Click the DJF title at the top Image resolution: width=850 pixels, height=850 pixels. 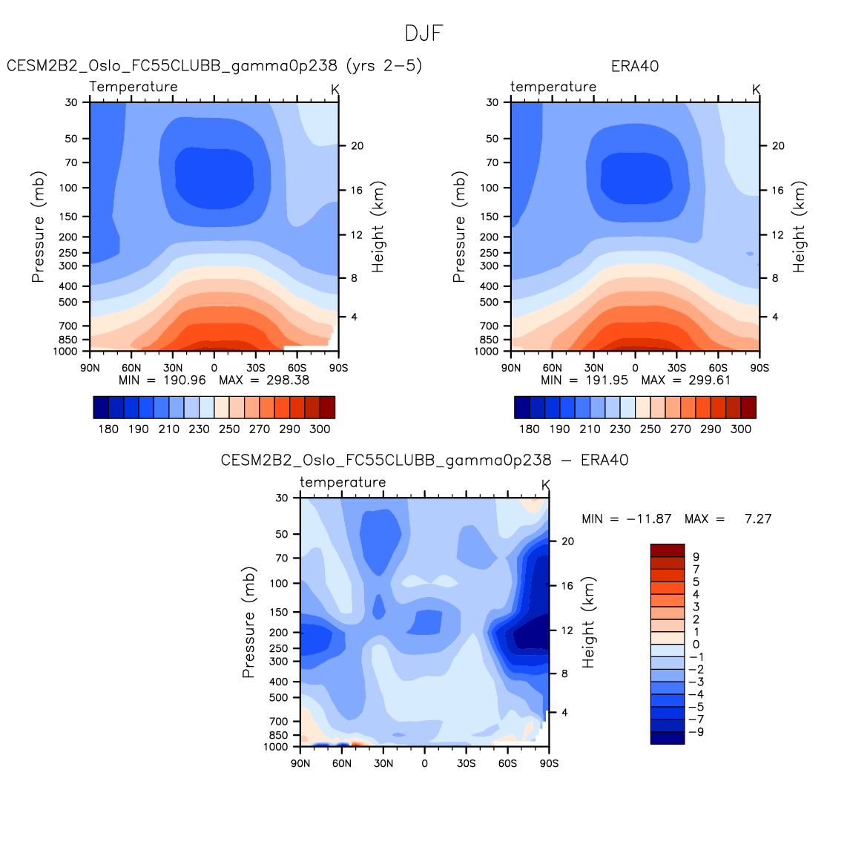tap(424, 33)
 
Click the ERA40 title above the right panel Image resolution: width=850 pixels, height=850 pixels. tap(635, 66)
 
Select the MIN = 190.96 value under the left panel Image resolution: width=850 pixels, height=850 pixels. tap(162, 380)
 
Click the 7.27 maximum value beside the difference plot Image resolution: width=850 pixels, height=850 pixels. tap(758, 518)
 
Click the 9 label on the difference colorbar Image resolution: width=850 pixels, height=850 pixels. tap(696, 556)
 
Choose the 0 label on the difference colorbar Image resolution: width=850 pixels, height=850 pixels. tap(696, 645)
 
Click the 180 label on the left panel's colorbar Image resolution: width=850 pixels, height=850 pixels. tap(108, 429)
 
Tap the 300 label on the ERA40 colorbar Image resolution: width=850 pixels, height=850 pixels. tap(741, 429)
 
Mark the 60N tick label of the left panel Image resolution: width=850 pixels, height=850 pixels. tap(131, 367)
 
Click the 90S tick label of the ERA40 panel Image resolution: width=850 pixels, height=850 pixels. tap(760, 367)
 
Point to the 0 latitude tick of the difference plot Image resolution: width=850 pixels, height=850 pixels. tap(424, 763)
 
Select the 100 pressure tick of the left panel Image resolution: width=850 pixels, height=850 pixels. tap(69, 188)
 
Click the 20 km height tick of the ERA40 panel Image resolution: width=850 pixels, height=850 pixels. tap(778, 145)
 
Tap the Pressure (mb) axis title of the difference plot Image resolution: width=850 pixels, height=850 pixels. tap(248, 622)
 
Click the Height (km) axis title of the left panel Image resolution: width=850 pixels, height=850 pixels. tap(378, 227)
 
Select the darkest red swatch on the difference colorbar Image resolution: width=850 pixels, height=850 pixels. tap(668, 550)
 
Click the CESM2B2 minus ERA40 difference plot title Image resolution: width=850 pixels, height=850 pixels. tap(424, 461)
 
